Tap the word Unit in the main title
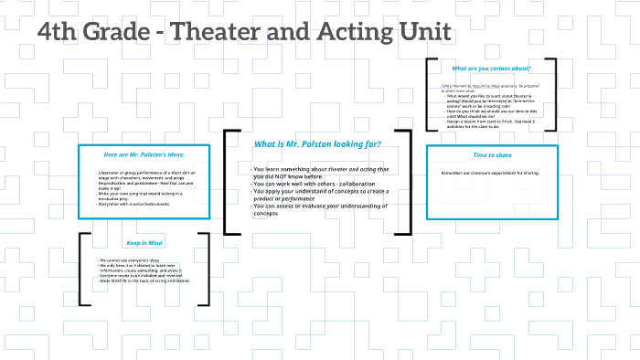pyautogui.click(x=421, y=32)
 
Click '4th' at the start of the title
pyautogui.click(x=58, y=32)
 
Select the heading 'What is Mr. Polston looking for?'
pyautogui.click(x=317, y=144)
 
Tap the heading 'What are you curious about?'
pyautogui.click(x=491, y=69)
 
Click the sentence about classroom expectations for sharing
pyautogui.click(x=490, y=173)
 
